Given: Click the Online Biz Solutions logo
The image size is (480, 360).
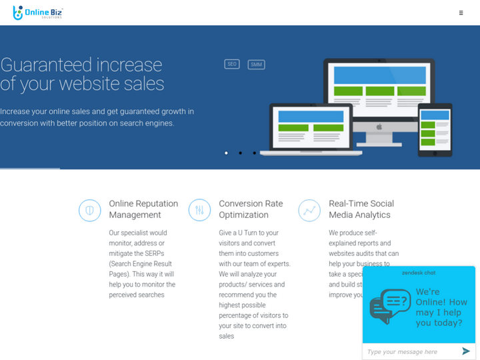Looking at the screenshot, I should click(x=38, y=13).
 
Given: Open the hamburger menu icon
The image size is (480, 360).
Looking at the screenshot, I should click(x=461, y=13).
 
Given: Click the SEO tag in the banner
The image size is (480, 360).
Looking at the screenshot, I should click(x=232, y=64).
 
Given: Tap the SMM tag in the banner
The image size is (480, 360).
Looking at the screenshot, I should click(x=256, y=65).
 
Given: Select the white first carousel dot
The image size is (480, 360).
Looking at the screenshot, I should click(x=226, y=153).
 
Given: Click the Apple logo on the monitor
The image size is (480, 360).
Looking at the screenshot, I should click(x=379, y=127).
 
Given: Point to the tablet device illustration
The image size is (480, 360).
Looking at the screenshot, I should click(x=435, y=129).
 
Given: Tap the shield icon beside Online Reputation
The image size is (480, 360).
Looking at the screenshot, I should click(x=90, y=210).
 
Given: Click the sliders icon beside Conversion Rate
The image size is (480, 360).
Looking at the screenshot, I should click(x=199, y=210).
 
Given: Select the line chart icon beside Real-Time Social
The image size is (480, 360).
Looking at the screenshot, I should click(x=309, y=210).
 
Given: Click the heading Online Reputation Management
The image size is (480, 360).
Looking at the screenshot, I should click(x=143, y=209).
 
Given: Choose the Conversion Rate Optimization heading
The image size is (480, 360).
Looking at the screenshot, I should click(x=251, y=209).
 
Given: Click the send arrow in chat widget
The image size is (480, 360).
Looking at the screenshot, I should click(x=466, y=351).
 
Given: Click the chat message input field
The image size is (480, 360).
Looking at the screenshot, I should click(x=410, y=351).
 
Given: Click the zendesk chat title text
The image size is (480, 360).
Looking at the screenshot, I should click(x=419, y=273).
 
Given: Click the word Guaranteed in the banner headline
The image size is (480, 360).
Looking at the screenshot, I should click(x=46, y=65).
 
